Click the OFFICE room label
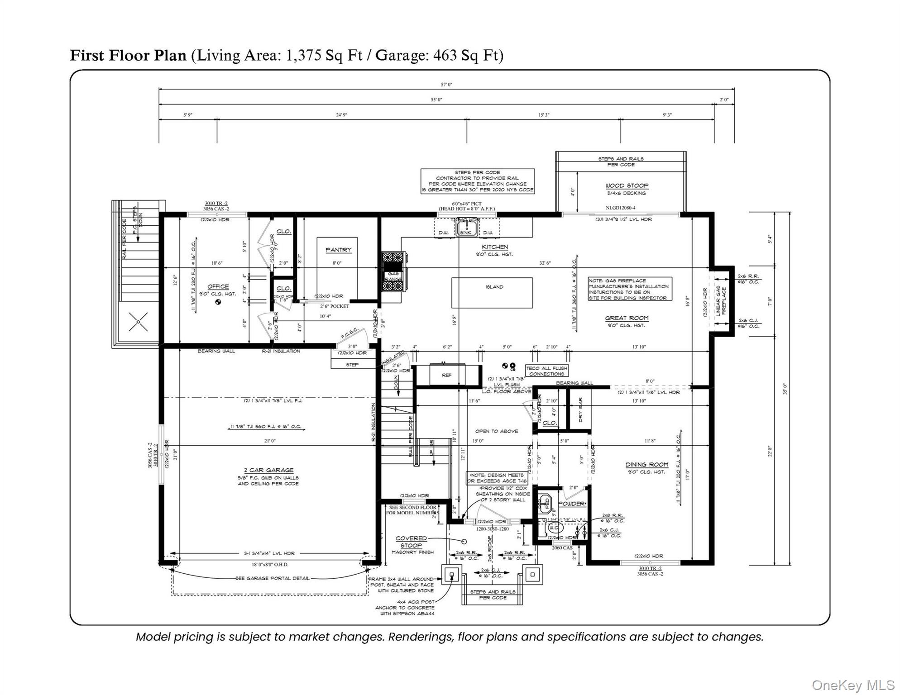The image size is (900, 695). click(x=218, y=286)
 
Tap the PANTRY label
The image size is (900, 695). click(x=338, y=250)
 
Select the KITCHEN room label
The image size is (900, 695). click(x=494, y=247)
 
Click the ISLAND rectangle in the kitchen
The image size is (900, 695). click(x=492, y=293)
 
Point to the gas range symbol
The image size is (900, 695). click(x=393, y=271)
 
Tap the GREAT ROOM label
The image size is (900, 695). click(x=627, y=318)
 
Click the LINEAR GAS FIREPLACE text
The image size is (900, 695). click(x=721, y=300)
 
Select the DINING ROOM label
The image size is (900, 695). click(x=646, y=465)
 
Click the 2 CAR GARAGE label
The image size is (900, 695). click(x=268, y=470)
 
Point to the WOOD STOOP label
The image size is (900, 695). click(x=627, y=186)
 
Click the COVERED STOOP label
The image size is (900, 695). click(x=411, y=542)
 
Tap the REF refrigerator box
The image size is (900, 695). click(x=446, y=375)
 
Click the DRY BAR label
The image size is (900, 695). click(x=580, y=410)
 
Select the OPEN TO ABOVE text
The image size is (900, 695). click(x=496, y=431)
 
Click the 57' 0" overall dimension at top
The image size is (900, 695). click(x=446, y=85)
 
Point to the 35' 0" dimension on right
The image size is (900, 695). click(x=785, y=389)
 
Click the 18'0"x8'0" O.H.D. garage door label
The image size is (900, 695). click(x=270, y=564)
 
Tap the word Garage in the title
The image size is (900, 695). click(x=402, y=55)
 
